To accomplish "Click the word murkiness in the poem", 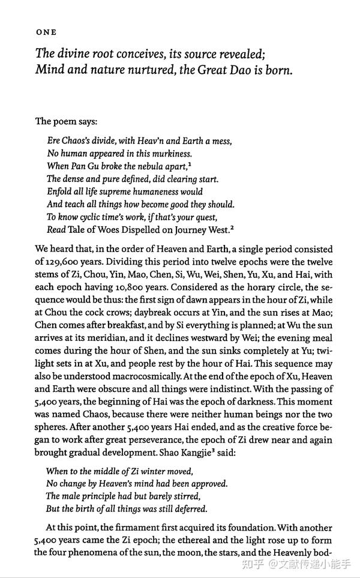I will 169,154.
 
